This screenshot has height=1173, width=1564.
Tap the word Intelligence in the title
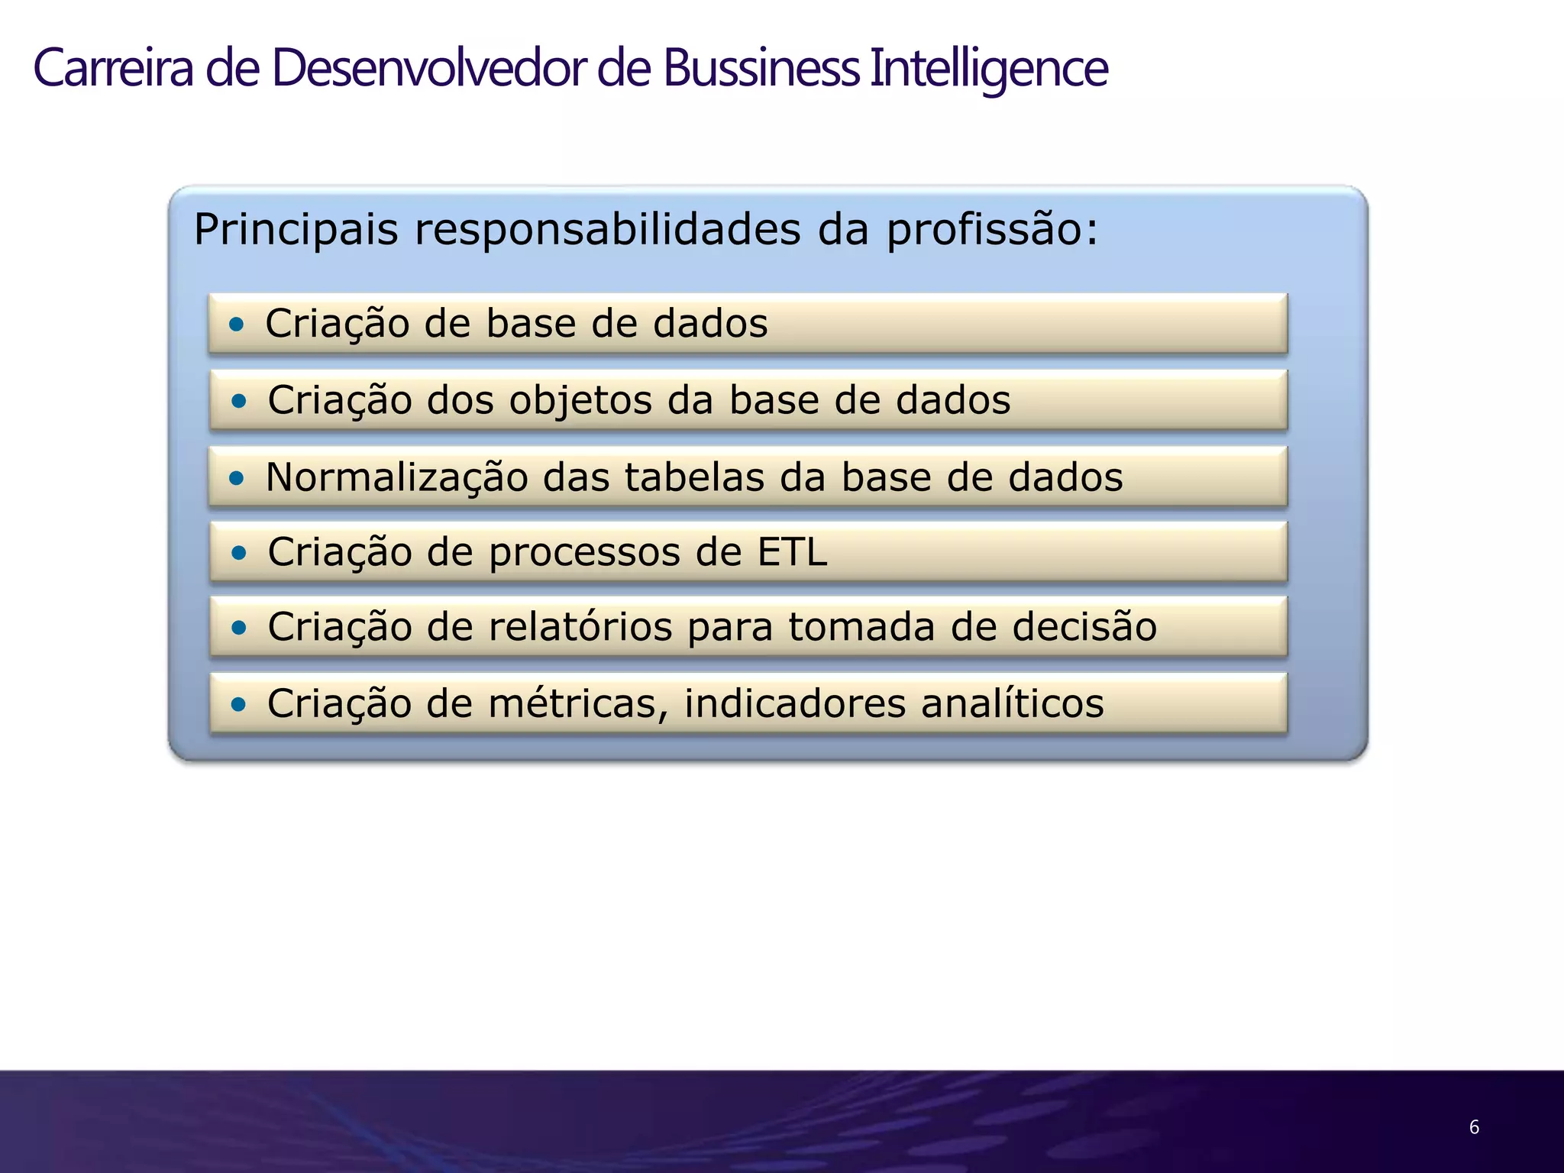click(988, 69)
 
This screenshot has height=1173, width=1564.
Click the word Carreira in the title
click(113, 69)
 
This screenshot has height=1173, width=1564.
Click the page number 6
click(1474, 1127)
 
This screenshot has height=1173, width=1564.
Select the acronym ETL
click(792, 551)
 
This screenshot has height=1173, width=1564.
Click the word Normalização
click(396, 478)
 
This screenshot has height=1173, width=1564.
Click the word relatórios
click(580, 627)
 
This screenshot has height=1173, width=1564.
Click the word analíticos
click(1012, 703)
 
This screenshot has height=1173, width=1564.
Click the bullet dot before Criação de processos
click(240, 552)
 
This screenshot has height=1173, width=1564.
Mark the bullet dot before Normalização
click(238, 479)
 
